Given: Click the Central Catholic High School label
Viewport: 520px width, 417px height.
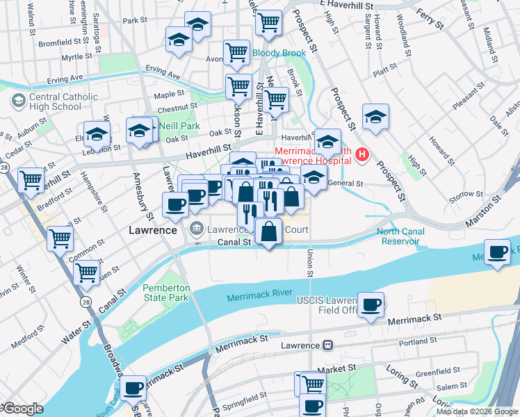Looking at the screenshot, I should pos(57,101).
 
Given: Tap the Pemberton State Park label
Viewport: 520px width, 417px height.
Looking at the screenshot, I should pos(165,293).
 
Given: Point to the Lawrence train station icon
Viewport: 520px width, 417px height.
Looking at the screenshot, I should pos(327,345).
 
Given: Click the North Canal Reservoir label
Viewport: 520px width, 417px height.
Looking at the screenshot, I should pos(399,236).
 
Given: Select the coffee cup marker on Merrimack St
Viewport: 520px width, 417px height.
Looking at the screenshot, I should pos(371,304).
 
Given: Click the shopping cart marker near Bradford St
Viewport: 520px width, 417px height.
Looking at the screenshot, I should pos(31,180).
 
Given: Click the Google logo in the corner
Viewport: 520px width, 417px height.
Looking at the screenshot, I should pos(23,409).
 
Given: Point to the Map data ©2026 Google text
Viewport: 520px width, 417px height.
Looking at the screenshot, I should pos(477,411).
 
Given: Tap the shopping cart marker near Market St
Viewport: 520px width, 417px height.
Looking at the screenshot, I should pos(312,382).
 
